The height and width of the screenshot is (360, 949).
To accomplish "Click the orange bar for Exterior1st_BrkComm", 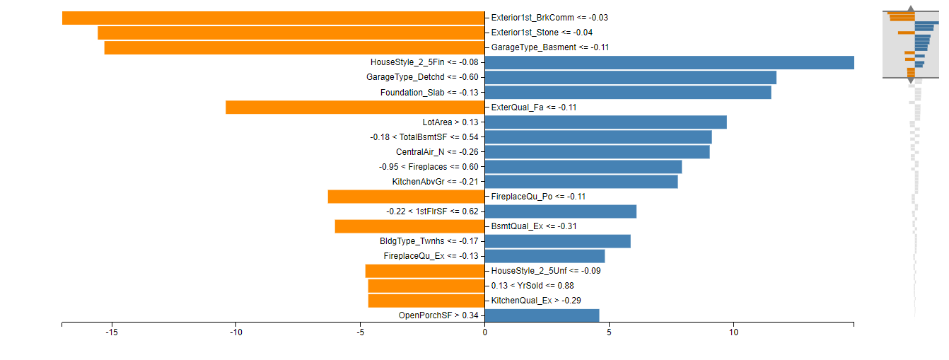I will tap(273, 18).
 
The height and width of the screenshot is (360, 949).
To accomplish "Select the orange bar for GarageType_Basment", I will tap(294, 47).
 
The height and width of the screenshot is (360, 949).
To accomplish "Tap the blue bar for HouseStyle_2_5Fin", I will tap(669, 62).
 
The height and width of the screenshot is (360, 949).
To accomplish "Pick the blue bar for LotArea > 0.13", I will tap(606, 122).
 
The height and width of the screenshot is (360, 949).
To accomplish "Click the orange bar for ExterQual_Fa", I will tap(355, 108).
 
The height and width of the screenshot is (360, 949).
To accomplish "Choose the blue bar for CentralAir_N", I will tap(598, 152).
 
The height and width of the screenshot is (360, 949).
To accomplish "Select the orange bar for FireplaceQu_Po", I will tap(406, 197).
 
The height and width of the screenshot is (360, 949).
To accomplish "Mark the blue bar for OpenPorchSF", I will tap(542, 315).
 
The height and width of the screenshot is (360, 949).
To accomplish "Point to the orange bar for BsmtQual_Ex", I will tap(409, 226).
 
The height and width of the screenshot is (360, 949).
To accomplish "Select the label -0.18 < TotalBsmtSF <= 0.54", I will tap(424, 137).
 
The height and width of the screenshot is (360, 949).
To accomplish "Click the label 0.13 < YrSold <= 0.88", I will tap(532, 286).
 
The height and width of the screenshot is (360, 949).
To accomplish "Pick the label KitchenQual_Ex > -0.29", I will tap(536, 301).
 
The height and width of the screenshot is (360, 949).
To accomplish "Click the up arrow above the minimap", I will tap(911, 9).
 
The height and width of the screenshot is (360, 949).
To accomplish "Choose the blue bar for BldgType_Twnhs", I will tap(558, 241).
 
